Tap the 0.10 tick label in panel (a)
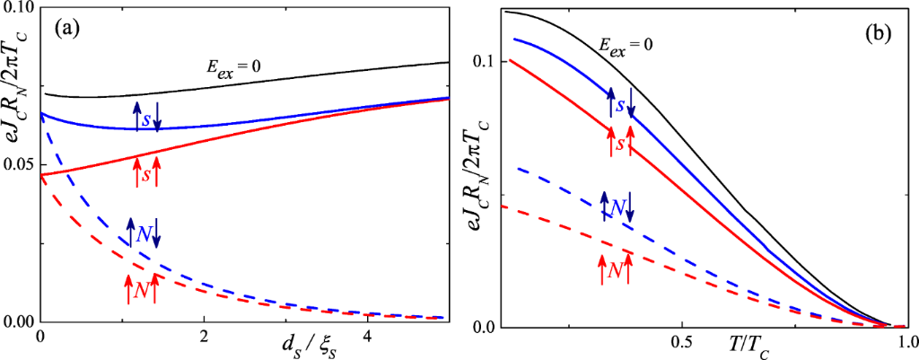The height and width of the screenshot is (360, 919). (19, 8)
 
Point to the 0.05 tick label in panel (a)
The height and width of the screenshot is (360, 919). (19, 165)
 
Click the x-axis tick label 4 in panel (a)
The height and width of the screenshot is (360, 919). (367, 336)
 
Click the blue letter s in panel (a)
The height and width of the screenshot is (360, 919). (146, 118)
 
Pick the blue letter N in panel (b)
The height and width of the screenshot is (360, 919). (617, 207)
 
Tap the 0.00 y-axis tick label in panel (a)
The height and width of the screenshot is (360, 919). (19, 321)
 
